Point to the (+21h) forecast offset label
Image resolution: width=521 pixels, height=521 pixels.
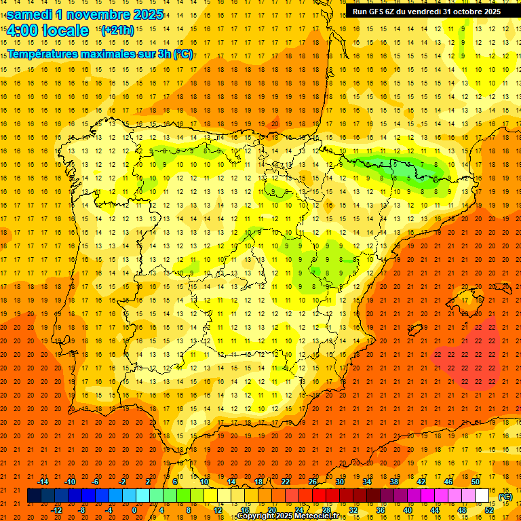coord(117,31)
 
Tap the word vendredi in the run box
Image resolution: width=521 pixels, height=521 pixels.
coord(427,12)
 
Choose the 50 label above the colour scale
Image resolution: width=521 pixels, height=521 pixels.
coord(476,482)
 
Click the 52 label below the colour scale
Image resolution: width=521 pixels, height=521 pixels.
coord(489,510)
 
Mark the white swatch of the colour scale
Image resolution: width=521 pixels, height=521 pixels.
coord(482,496)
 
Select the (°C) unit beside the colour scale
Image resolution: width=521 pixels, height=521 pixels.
coord(505,497)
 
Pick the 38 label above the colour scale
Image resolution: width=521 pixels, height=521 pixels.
coord(393,482)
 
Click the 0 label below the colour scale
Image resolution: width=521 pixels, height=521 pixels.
coord(135,510)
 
